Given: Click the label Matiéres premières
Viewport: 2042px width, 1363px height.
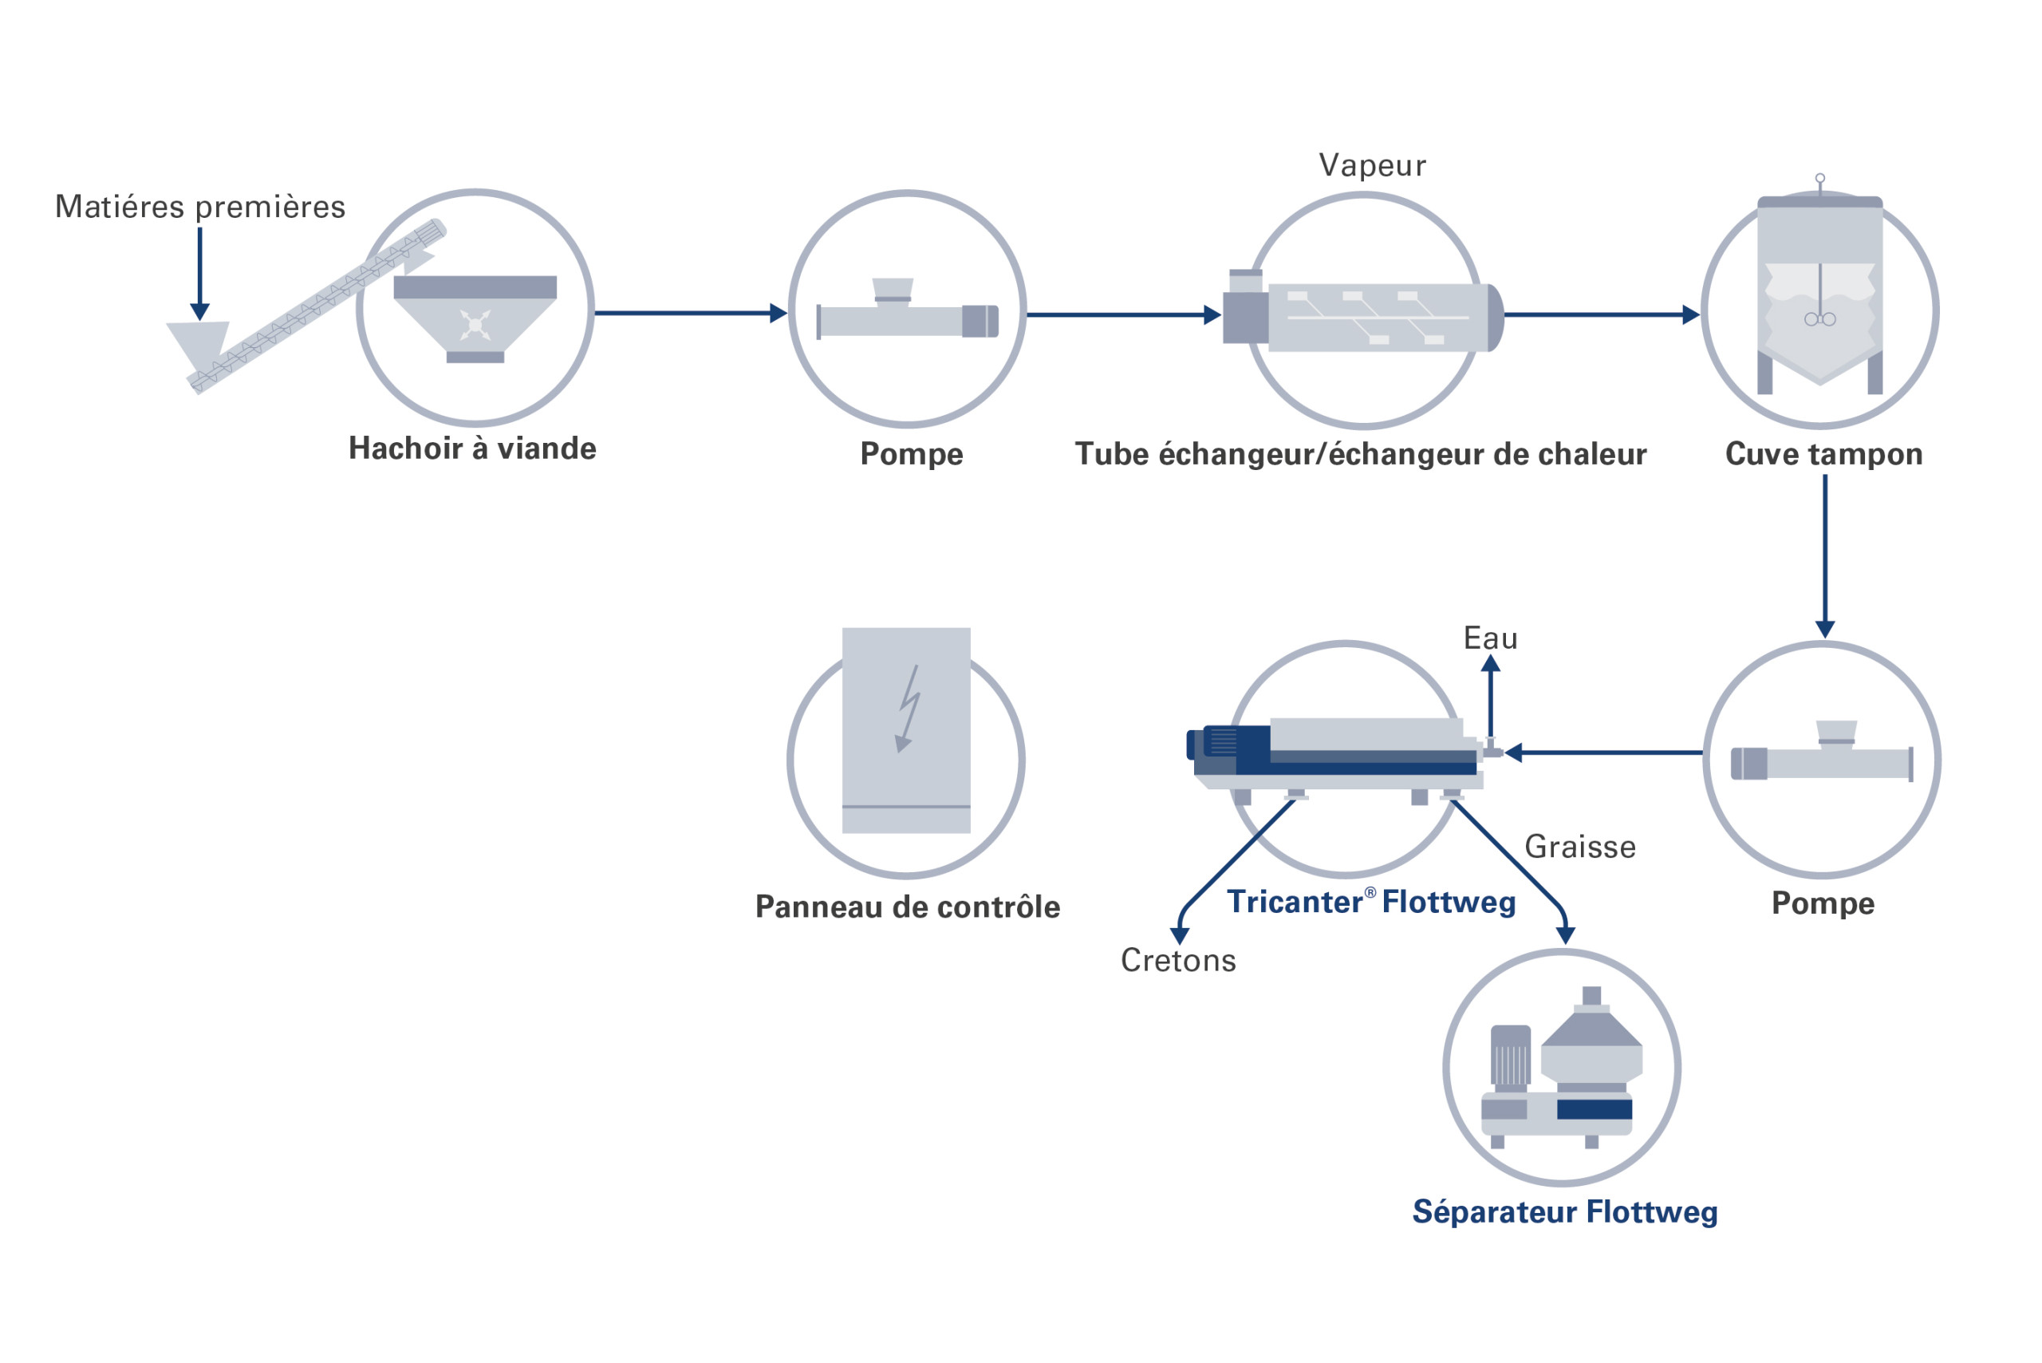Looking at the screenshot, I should click(200, 207).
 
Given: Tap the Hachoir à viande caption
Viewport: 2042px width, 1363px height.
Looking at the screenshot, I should click(472, 448).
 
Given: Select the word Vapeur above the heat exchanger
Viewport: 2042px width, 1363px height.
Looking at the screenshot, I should click(1371, 165).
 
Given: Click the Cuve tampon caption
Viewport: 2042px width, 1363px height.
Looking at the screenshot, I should click(1823, 454).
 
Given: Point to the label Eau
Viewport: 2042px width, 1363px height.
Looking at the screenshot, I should click(1489, 638).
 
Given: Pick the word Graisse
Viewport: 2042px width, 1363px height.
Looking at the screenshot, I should click(1579, 847).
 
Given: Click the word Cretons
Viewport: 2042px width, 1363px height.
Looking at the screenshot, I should click(1177, 961).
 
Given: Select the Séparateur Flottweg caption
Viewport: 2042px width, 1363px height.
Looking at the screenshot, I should click(1564, 1211).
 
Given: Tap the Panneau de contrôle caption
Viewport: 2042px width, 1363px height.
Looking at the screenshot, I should click(907, 907).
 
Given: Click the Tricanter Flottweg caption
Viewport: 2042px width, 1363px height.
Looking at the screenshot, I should click(1370, 903).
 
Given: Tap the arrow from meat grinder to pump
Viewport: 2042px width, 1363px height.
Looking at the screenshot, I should click(690, 313).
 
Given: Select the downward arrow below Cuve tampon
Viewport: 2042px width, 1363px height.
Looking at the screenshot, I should click(1825, 556).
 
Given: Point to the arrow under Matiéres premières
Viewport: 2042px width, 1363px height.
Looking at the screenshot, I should click(200, 274).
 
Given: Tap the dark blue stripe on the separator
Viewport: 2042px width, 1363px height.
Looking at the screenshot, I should click(1594, 1109).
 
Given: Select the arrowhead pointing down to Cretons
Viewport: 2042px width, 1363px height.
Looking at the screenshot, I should click(1179, 935).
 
